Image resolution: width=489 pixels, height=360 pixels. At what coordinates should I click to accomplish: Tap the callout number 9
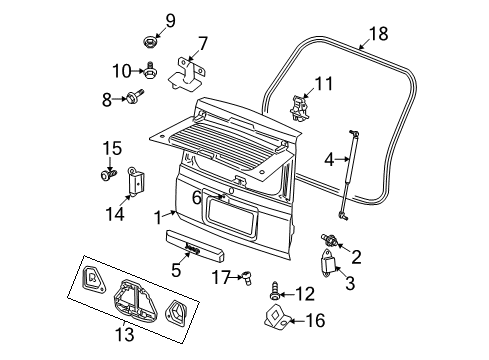pos(169,19)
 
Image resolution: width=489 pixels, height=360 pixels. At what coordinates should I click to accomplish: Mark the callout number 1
pos(156,216)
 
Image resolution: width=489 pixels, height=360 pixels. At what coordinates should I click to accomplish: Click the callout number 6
pos(197,199)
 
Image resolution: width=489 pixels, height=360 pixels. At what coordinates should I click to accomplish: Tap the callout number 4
pos(330,157)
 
